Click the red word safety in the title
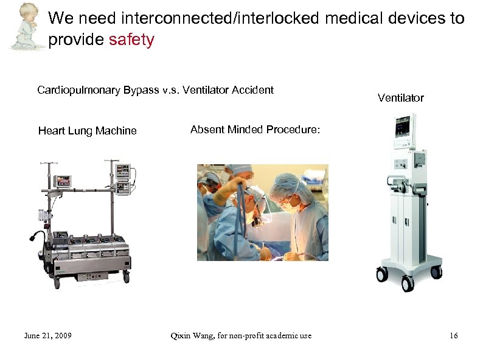tap(131, 40)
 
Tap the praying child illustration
tap(25, 25)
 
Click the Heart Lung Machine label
tap(87, 131)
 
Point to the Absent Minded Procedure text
tap(255, 130)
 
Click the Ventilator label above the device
tap(400, 97)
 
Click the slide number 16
tap(453, 336)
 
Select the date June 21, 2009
tap(47, 336)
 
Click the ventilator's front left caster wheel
tap(382, 275)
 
